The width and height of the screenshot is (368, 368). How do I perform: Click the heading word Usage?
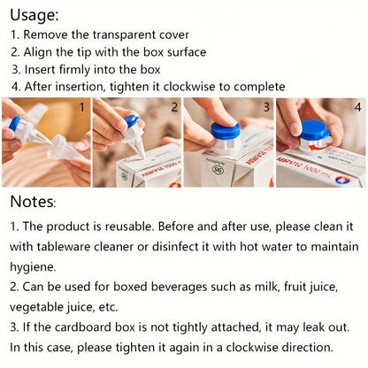pyautogui.click(x=34, y=15)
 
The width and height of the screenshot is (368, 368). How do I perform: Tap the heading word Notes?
pyautogui.click(x=33, y=202)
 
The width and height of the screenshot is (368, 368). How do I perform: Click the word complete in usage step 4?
pyautogui.click(x=259, y=87)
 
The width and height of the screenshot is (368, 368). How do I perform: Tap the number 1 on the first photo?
pyautogui.click(x=82, y=107)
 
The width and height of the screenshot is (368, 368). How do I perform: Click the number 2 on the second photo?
pyautogui.click(x=174, y=107)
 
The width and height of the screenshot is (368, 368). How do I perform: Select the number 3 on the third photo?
pyautogui.click(x=266, y=107)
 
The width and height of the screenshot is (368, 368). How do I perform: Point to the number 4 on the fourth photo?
pyautogui.click(x=357, y=107)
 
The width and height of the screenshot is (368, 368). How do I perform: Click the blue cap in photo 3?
pyautogui.click(x=226, y=129)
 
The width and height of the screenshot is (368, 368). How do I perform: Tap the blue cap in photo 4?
pyautogui.click(x=315, y=130)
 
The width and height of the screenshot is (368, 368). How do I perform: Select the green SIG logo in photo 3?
pyautogui.click(x=218, y=169)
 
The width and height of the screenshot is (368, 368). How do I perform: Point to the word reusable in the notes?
pyautogui.click(x=128, y=226)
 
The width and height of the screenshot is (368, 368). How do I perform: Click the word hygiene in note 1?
pyautogui.click(x=33, y=267)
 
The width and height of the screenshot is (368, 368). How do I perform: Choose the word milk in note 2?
pyautogui.click(x=267, y=287)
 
